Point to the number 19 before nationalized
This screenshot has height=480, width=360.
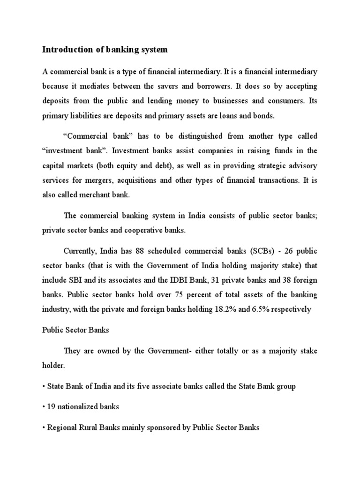click(51, 407)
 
